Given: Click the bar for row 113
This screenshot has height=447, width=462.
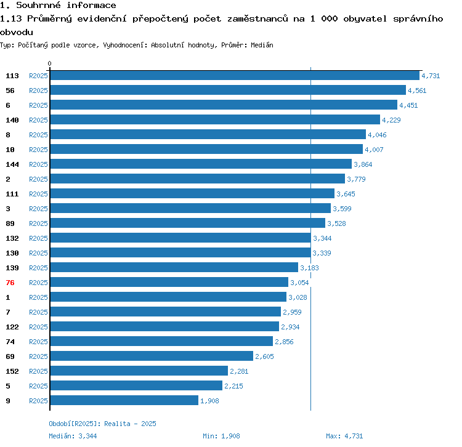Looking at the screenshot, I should [234, 75].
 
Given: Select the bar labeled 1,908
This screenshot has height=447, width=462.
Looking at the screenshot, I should [124, 400].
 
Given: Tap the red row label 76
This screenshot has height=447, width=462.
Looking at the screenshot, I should [10, 283].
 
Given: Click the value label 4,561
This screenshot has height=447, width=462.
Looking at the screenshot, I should [417, 91].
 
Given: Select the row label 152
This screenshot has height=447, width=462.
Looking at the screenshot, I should [12, 371].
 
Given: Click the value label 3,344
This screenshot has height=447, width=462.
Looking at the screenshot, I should [323, 238].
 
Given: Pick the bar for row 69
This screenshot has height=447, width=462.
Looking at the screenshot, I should [151, 356].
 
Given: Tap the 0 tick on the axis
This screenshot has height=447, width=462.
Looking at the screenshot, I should [50, 63].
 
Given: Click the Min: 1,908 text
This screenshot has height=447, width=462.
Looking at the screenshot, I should [221, 436].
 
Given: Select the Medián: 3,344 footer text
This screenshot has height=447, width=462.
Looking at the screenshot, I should [73, 436].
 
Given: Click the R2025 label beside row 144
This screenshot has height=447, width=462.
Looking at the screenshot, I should [38, 164].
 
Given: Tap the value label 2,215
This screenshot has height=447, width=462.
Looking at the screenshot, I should [234, 386].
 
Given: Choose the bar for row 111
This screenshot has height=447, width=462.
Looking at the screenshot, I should [192, 193].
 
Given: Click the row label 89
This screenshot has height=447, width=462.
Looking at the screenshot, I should [10, 223].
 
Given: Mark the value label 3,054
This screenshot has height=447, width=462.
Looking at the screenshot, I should [299, 283].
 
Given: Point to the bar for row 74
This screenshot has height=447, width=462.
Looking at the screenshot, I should [161, 341].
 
